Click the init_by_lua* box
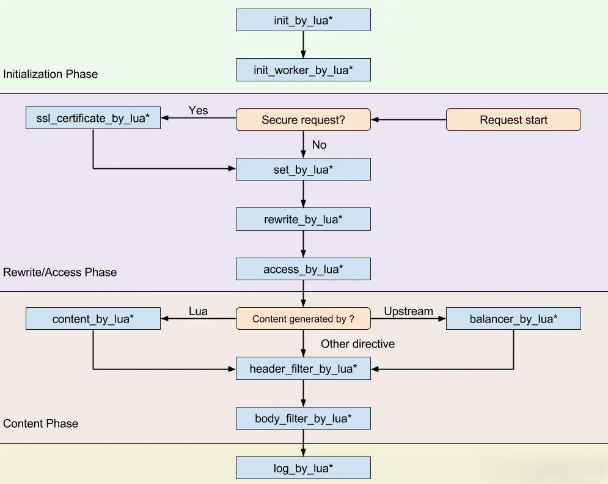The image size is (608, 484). [x=303, y=20]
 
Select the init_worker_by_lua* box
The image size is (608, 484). [x=303, y=70]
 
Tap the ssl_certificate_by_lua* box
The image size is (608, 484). [x=93, y=117]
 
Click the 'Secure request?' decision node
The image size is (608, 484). [x=303, y=120]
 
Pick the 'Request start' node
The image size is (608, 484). [x=513, y=120]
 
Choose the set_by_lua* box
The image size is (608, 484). [x=303, y=169]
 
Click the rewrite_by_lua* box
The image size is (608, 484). [x=303, y=219]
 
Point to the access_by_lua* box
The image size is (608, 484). [x=303, y=269]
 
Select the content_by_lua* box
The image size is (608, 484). [x=93, y=319]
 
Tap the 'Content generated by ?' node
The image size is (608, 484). [x=303, y=319]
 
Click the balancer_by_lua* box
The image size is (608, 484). [x=513, y=319]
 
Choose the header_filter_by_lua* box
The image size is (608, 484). [x=303, y=368]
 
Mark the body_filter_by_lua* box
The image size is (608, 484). [x=303, y=419]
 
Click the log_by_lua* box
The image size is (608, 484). [x=303, y=468]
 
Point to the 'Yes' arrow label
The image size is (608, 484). [x=198, y=110]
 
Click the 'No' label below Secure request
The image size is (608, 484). [x=319, y=145]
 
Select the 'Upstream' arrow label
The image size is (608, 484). [x=408, y=311]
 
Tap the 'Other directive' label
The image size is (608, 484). [x=357, y=344]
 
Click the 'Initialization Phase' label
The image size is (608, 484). [x=50, y=74]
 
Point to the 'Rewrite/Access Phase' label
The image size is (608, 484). [x=60, y=272]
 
